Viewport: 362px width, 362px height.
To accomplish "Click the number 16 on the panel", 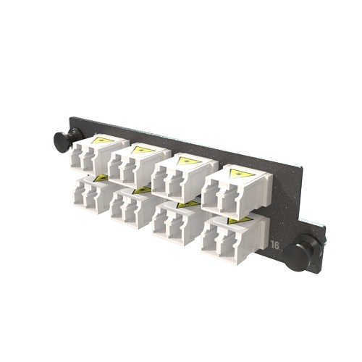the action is click(274, 245).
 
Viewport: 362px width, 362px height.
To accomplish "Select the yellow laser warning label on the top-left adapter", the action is click(104, 140).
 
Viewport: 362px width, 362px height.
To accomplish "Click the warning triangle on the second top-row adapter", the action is click(143, 151).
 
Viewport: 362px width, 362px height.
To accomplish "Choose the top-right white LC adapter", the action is click(237, 190).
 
